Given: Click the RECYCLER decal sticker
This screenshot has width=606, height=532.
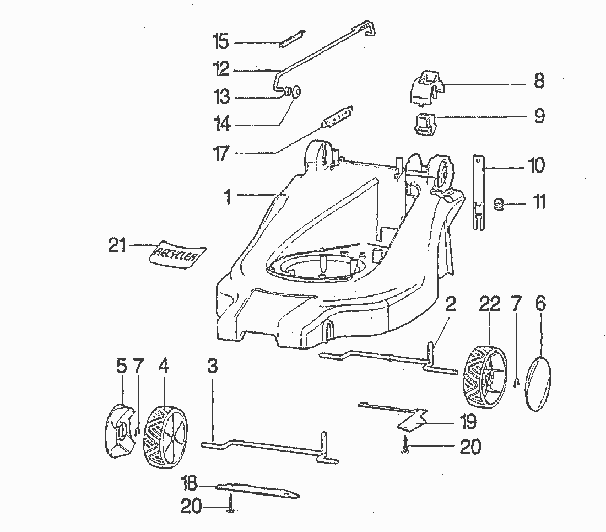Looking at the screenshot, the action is pyautogui.click(x=177, y=254).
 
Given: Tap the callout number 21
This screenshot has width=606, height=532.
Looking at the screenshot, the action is pyautogui.click(x=117, y=245).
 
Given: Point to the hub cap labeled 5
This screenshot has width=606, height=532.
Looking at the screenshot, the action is pyautogui.click(x=119, y=430).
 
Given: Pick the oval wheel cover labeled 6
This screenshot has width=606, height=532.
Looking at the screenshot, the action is pyautogui.click(x=538, y=384).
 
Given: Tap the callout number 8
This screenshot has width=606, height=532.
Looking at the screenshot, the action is pyautogui.click(x=539, y=81).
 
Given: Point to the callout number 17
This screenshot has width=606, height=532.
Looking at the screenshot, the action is pyautogui.click(x=221, y=153).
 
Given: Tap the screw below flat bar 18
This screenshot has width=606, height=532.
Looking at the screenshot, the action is pyautogui.click(x=230, y=504).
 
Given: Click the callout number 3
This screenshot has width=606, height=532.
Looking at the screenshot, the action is pyautogui.click(x=213, y=366).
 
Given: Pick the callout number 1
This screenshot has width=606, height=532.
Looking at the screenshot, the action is pyautogui.click(x=228, y=196).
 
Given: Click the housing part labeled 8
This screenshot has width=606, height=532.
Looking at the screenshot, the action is pyautogui.click(x=426, y=87).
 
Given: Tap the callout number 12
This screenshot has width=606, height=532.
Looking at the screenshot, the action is pyautogui.click(x=221, y=69).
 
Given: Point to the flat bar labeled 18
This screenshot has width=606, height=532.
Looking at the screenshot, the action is pyautogui.click(x=257, y=490).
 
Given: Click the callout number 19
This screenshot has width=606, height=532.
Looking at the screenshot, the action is pyautogui.click(x=468, y=422).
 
